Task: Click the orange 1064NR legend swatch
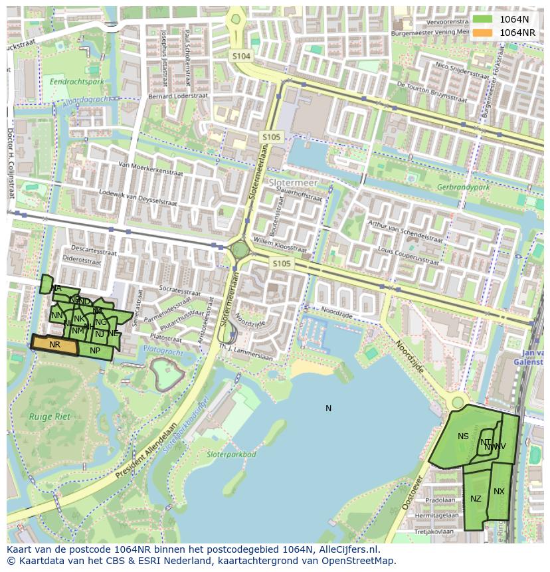tap(483, 33)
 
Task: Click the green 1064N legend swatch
tap(483, 20)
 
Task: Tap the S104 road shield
tap(241, 56)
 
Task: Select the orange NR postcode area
tap(54, 344)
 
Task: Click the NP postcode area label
tap(95, 351)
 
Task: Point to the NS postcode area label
tap(463, 436)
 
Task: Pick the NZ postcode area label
tap(476, 498)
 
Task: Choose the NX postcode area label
tap(499, 492)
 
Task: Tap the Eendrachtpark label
tap(76, 82)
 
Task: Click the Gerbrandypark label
tap(464, 187)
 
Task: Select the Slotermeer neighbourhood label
tap(293, 182)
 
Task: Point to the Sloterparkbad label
tap(231, 454)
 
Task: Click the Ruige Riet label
tap(45, 417)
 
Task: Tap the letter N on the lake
tap(328, 408)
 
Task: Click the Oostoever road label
tap(412, 492)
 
